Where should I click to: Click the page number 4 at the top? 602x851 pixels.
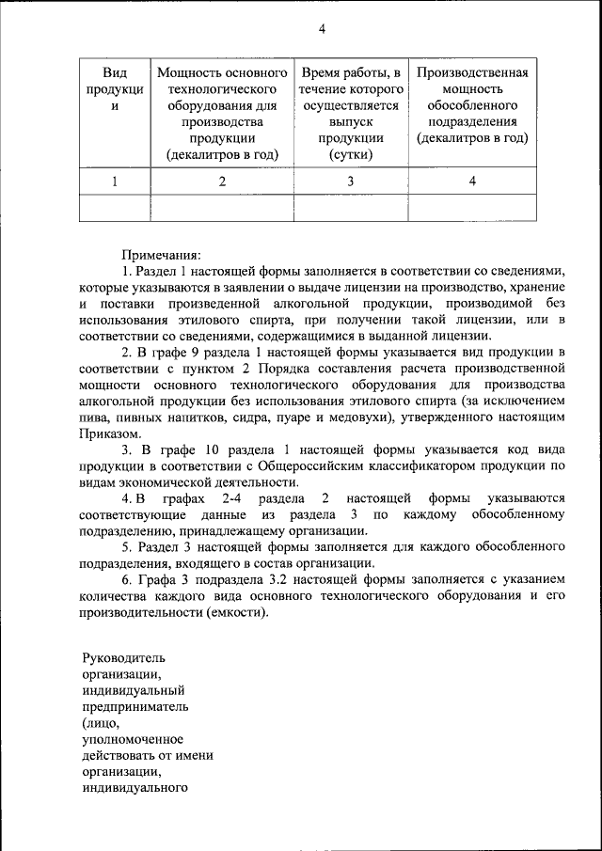[322, 28]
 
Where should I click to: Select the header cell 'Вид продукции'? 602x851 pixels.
[115, 89]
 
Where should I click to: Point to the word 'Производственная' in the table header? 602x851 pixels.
[472, 72]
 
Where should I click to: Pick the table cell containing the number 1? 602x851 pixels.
[115, 181]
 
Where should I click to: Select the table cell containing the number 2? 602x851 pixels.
[222, 181]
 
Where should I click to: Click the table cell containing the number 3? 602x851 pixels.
[350, 181]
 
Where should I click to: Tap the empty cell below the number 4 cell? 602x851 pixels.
[472, 207]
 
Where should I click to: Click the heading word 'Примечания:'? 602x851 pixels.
[161, 253]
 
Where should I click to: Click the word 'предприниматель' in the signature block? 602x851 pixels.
[135, 707]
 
